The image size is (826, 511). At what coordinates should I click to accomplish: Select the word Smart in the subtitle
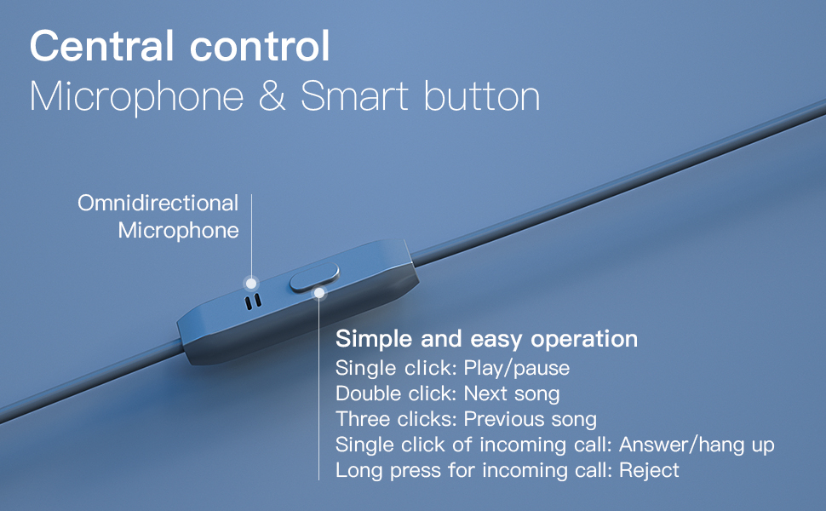pos(354,97)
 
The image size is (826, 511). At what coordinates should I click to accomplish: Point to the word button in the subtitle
pos(482,97)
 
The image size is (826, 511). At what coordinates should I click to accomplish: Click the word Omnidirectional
pos(158,204)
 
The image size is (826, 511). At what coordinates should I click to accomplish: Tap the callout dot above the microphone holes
pos(250,282)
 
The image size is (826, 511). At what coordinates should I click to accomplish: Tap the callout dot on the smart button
pos(319,293)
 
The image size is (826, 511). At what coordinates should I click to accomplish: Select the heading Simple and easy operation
pos(486,339)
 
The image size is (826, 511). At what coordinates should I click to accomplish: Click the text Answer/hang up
pos(697,445)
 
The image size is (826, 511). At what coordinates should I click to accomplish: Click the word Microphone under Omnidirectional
pos(178,231)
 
